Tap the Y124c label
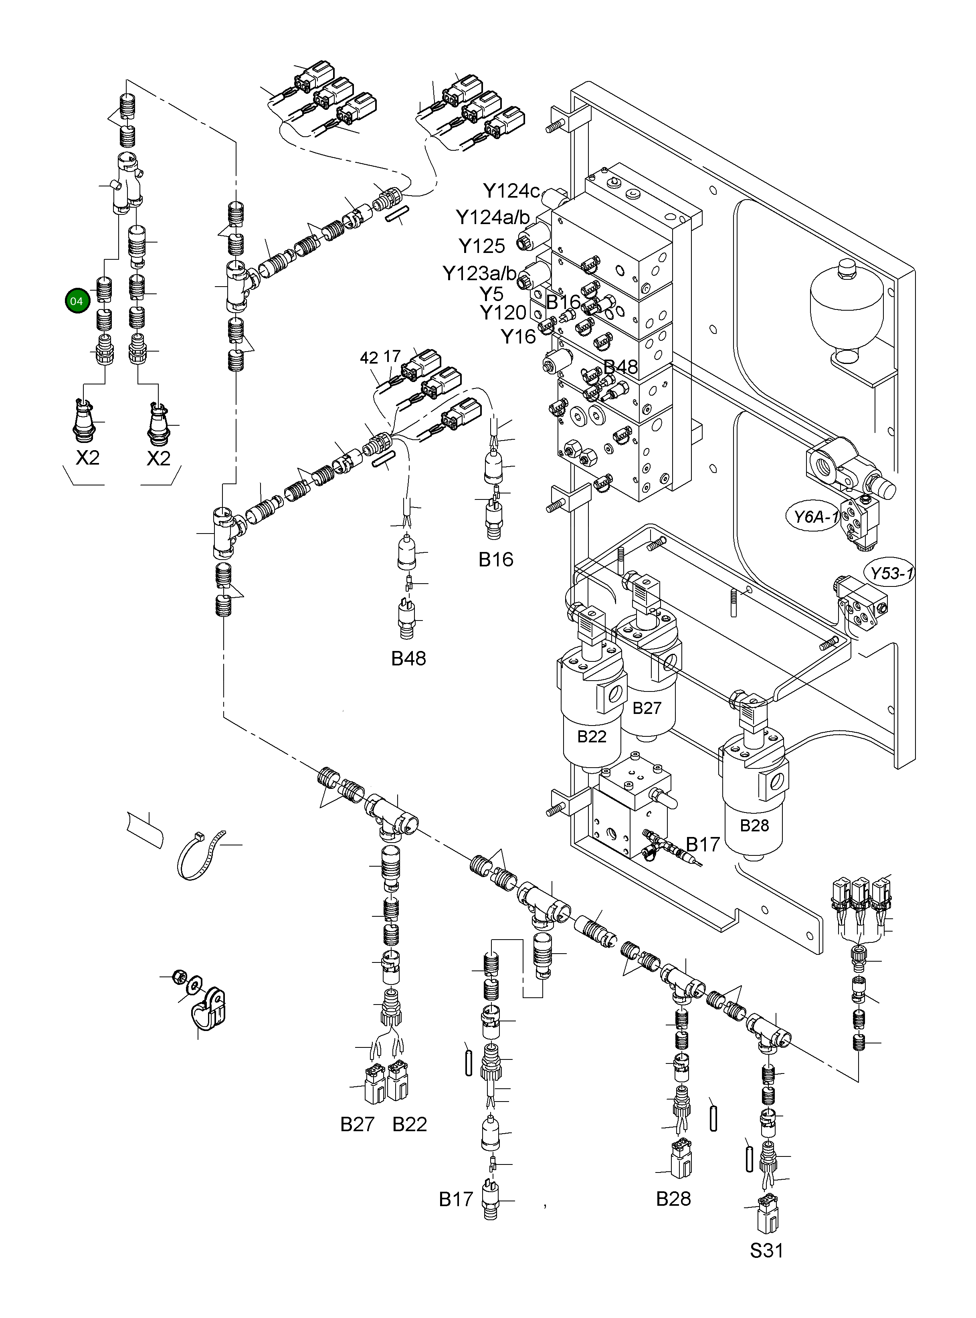click(x=511, y=191)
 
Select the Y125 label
click(x=481, y=246)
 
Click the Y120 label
click(x=503, y=313)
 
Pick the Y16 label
click(x=518, y=337)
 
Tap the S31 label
click(x=766, y=1251)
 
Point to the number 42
click(x=369, y=358)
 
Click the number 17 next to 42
click(x=392, y=356)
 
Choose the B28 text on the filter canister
click(x=754, y=825)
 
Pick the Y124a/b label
click(x=493, y=217)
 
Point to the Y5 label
click(x=491, y=293)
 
